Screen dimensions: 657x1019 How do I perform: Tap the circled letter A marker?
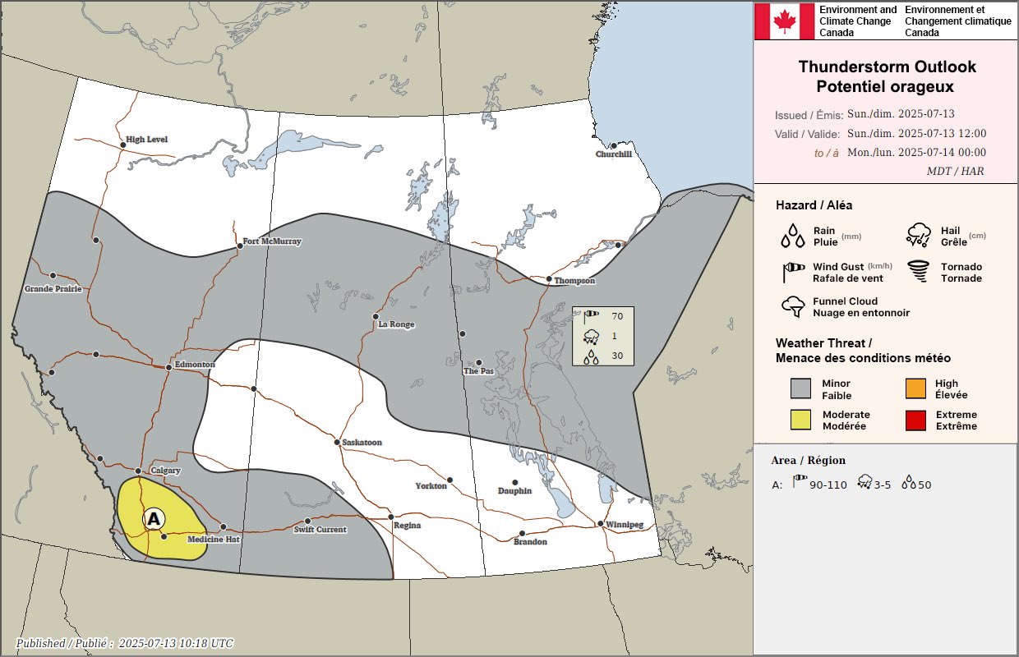(154, 518)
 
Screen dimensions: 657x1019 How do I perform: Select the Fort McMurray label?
(272, 242)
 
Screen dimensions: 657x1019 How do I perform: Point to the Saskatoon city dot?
(337, 443)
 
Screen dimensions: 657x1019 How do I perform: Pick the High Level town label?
(146, 140)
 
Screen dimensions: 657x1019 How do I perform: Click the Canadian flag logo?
(784, 21)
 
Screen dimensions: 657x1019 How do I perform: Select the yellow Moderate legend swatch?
(801, 420)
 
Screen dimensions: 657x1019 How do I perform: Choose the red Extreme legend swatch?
(915, 420)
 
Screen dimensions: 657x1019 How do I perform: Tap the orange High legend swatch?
(915, 388)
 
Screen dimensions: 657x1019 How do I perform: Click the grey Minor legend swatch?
(801, 388)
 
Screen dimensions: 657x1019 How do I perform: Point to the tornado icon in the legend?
(919, 272)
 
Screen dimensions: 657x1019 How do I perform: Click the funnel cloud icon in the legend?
(793, 306)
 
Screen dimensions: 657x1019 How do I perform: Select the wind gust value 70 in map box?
(617, 316)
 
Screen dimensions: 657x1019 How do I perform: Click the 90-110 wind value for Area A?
(828, 485)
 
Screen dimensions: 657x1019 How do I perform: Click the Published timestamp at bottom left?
(124, 644)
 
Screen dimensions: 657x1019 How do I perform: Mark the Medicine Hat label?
(213, 540)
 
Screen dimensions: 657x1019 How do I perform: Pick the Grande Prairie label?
(53, 289)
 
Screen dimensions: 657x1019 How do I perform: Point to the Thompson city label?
(574, 281)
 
